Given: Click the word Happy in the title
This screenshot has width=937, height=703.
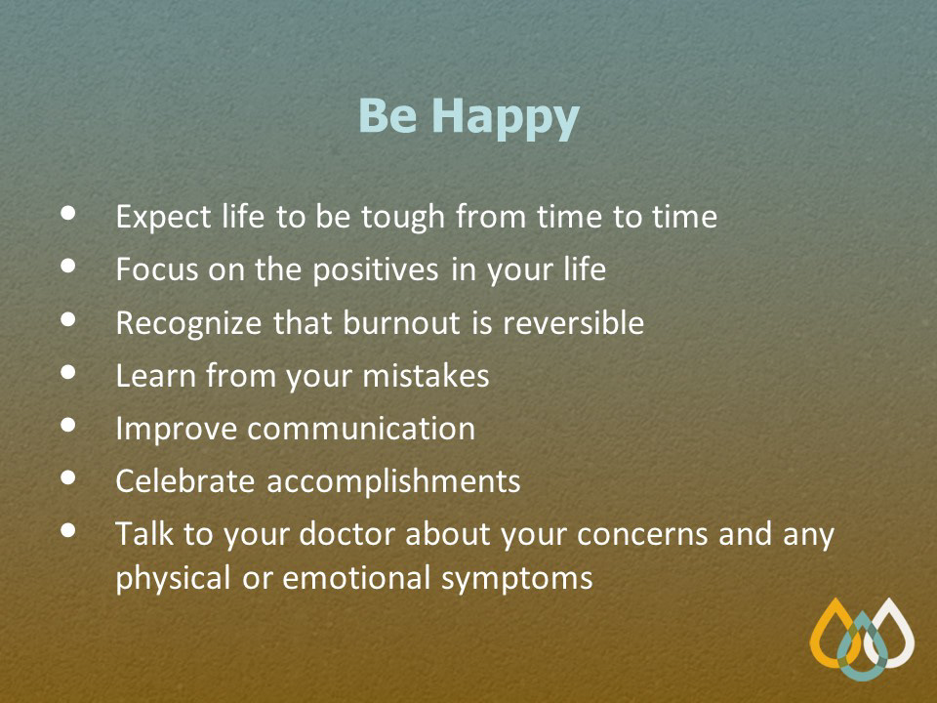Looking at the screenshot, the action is (x=506, y=118).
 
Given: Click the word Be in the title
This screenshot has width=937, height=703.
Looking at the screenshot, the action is (x=387, y=115).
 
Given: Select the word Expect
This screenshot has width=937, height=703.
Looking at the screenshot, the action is (x=163, y=218).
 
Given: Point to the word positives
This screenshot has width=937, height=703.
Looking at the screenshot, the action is (x=376, y=270).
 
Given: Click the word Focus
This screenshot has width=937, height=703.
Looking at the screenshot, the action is (x=156, y=269).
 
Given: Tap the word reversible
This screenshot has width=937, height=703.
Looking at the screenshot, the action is (x=574, y=323).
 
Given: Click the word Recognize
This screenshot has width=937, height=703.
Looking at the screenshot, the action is (x=188, y=324).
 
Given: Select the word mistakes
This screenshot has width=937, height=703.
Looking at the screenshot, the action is (x=427, y=377).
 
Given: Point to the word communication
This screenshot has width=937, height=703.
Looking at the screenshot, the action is (x=361, y=430).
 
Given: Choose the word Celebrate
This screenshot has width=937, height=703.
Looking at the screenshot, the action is (x=185, y=481).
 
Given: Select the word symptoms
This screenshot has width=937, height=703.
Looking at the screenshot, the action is (x=517, y=580).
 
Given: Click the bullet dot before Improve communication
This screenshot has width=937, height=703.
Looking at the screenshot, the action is (x=68, y=425).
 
